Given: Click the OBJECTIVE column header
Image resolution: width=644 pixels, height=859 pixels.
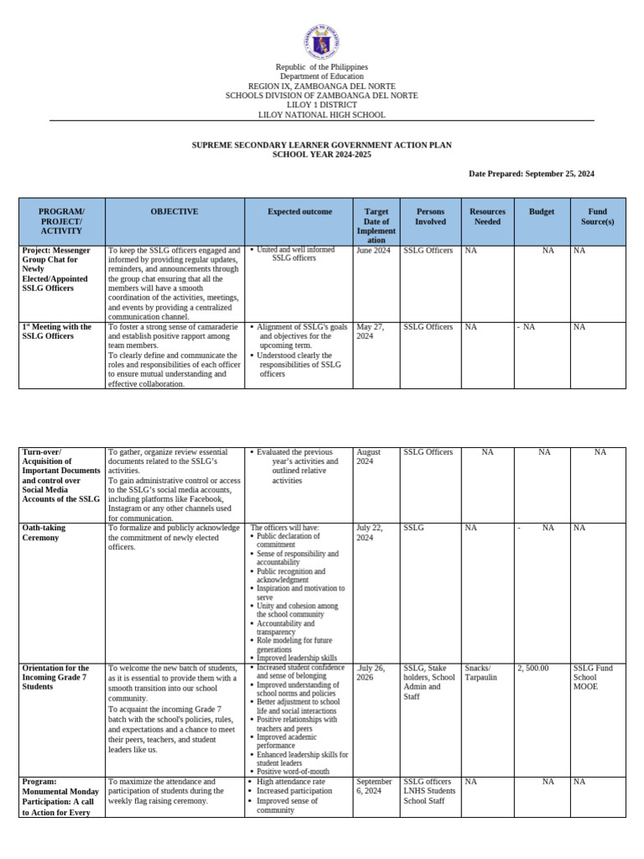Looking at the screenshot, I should click(174, 212).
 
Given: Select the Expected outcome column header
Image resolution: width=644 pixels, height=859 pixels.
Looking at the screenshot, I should click(299, 212).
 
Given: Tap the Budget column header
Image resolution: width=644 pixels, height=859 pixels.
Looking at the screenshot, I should click(542, 212).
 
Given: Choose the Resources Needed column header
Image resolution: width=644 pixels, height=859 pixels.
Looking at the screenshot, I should click(487, 216).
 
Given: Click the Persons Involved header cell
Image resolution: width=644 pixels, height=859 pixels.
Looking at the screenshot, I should click(430, 216).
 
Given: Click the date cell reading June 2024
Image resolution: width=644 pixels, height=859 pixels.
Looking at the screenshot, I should click(373, 251).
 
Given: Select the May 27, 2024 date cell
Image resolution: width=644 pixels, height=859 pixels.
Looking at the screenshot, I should click(371, 331).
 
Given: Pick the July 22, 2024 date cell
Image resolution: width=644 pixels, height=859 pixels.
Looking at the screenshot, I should click(370, 533).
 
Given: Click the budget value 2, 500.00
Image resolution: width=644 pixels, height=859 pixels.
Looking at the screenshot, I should click(533, 668).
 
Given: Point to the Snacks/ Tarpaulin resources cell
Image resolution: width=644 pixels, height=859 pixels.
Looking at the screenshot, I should click(480, 672).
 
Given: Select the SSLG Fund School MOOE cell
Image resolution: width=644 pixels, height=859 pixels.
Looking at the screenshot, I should click(593, 677).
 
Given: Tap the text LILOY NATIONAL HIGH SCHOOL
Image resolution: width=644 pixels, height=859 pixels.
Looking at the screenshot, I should click(321, 115).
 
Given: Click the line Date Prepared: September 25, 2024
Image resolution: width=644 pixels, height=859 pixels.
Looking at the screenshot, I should click(531, 174).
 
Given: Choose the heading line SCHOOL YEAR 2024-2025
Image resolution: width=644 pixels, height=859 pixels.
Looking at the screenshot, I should click(321, 155).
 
